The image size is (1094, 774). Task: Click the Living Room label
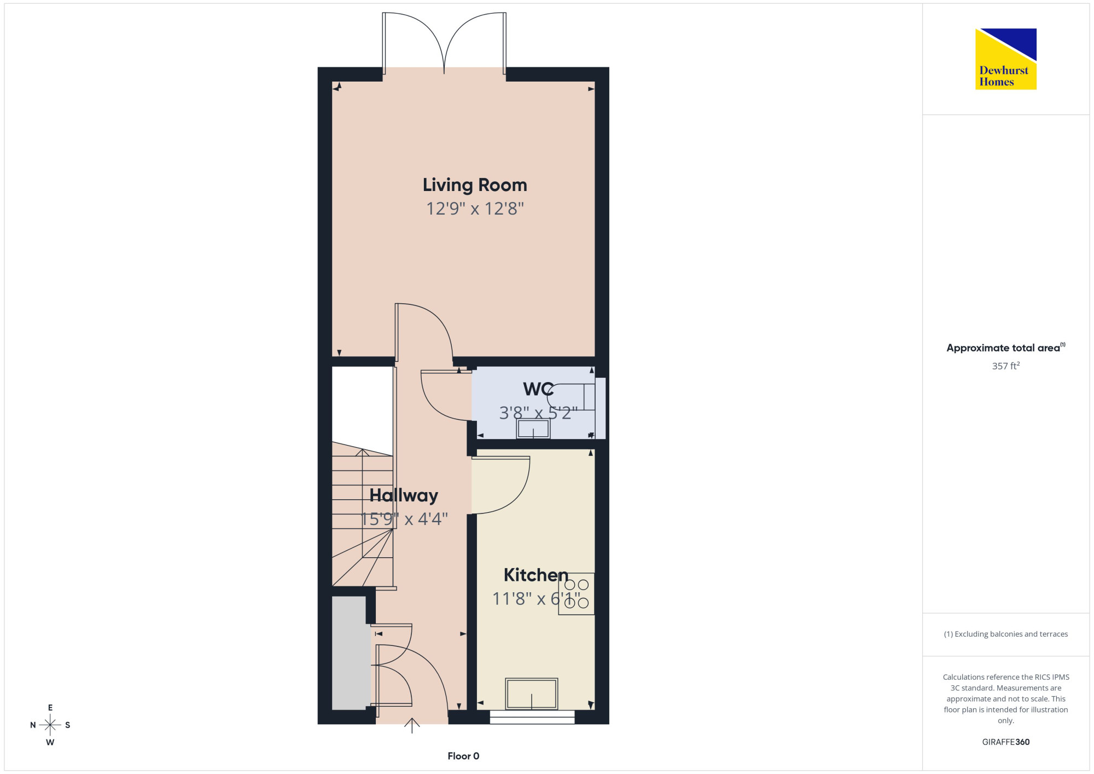(x=475, y=186)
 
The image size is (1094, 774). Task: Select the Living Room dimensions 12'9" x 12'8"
(x=475, y=209)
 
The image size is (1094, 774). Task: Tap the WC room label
(x=538, y=389)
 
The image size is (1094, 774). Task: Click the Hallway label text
(x=404, y=495)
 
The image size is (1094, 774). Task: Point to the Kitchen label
(x=536, y=575)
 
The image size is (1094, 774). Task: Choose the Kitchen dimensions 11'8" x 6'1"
(x=536, y=599)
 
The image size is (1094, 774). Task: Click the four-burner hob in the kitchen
(x=577, y=594)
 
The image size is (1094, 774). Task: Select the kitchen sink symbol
(x=532, y=694)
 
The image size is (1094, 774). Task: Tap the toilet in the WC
(x=572, y=397)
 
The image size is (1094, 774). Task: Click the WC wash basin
(x=533, y=429)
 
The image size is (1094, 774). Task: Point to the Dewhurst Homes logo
(x=1006, y=59)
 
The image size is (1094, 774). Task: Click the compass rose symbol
(x=50, y=725)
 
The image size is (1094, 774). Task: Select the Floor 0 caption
(x=463, y=756)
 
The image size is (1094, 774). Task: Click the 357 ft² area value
(x=1006, y=366)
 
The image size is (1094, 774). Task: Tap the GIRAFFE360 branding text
(x=1006, y=742)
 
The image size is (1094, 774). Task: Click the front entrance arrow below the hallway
(x=412, y=725)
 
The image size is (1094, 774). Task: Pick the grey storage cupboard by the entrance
(x=349, y=653)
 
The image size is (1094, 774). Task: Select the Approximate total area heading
(x=1006, y=348)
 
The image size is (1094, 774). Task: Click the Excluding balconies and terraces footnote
(x=1006, y=634)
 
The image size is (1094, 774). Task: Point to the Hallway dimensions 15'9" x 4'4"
(x=405, y=519)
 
